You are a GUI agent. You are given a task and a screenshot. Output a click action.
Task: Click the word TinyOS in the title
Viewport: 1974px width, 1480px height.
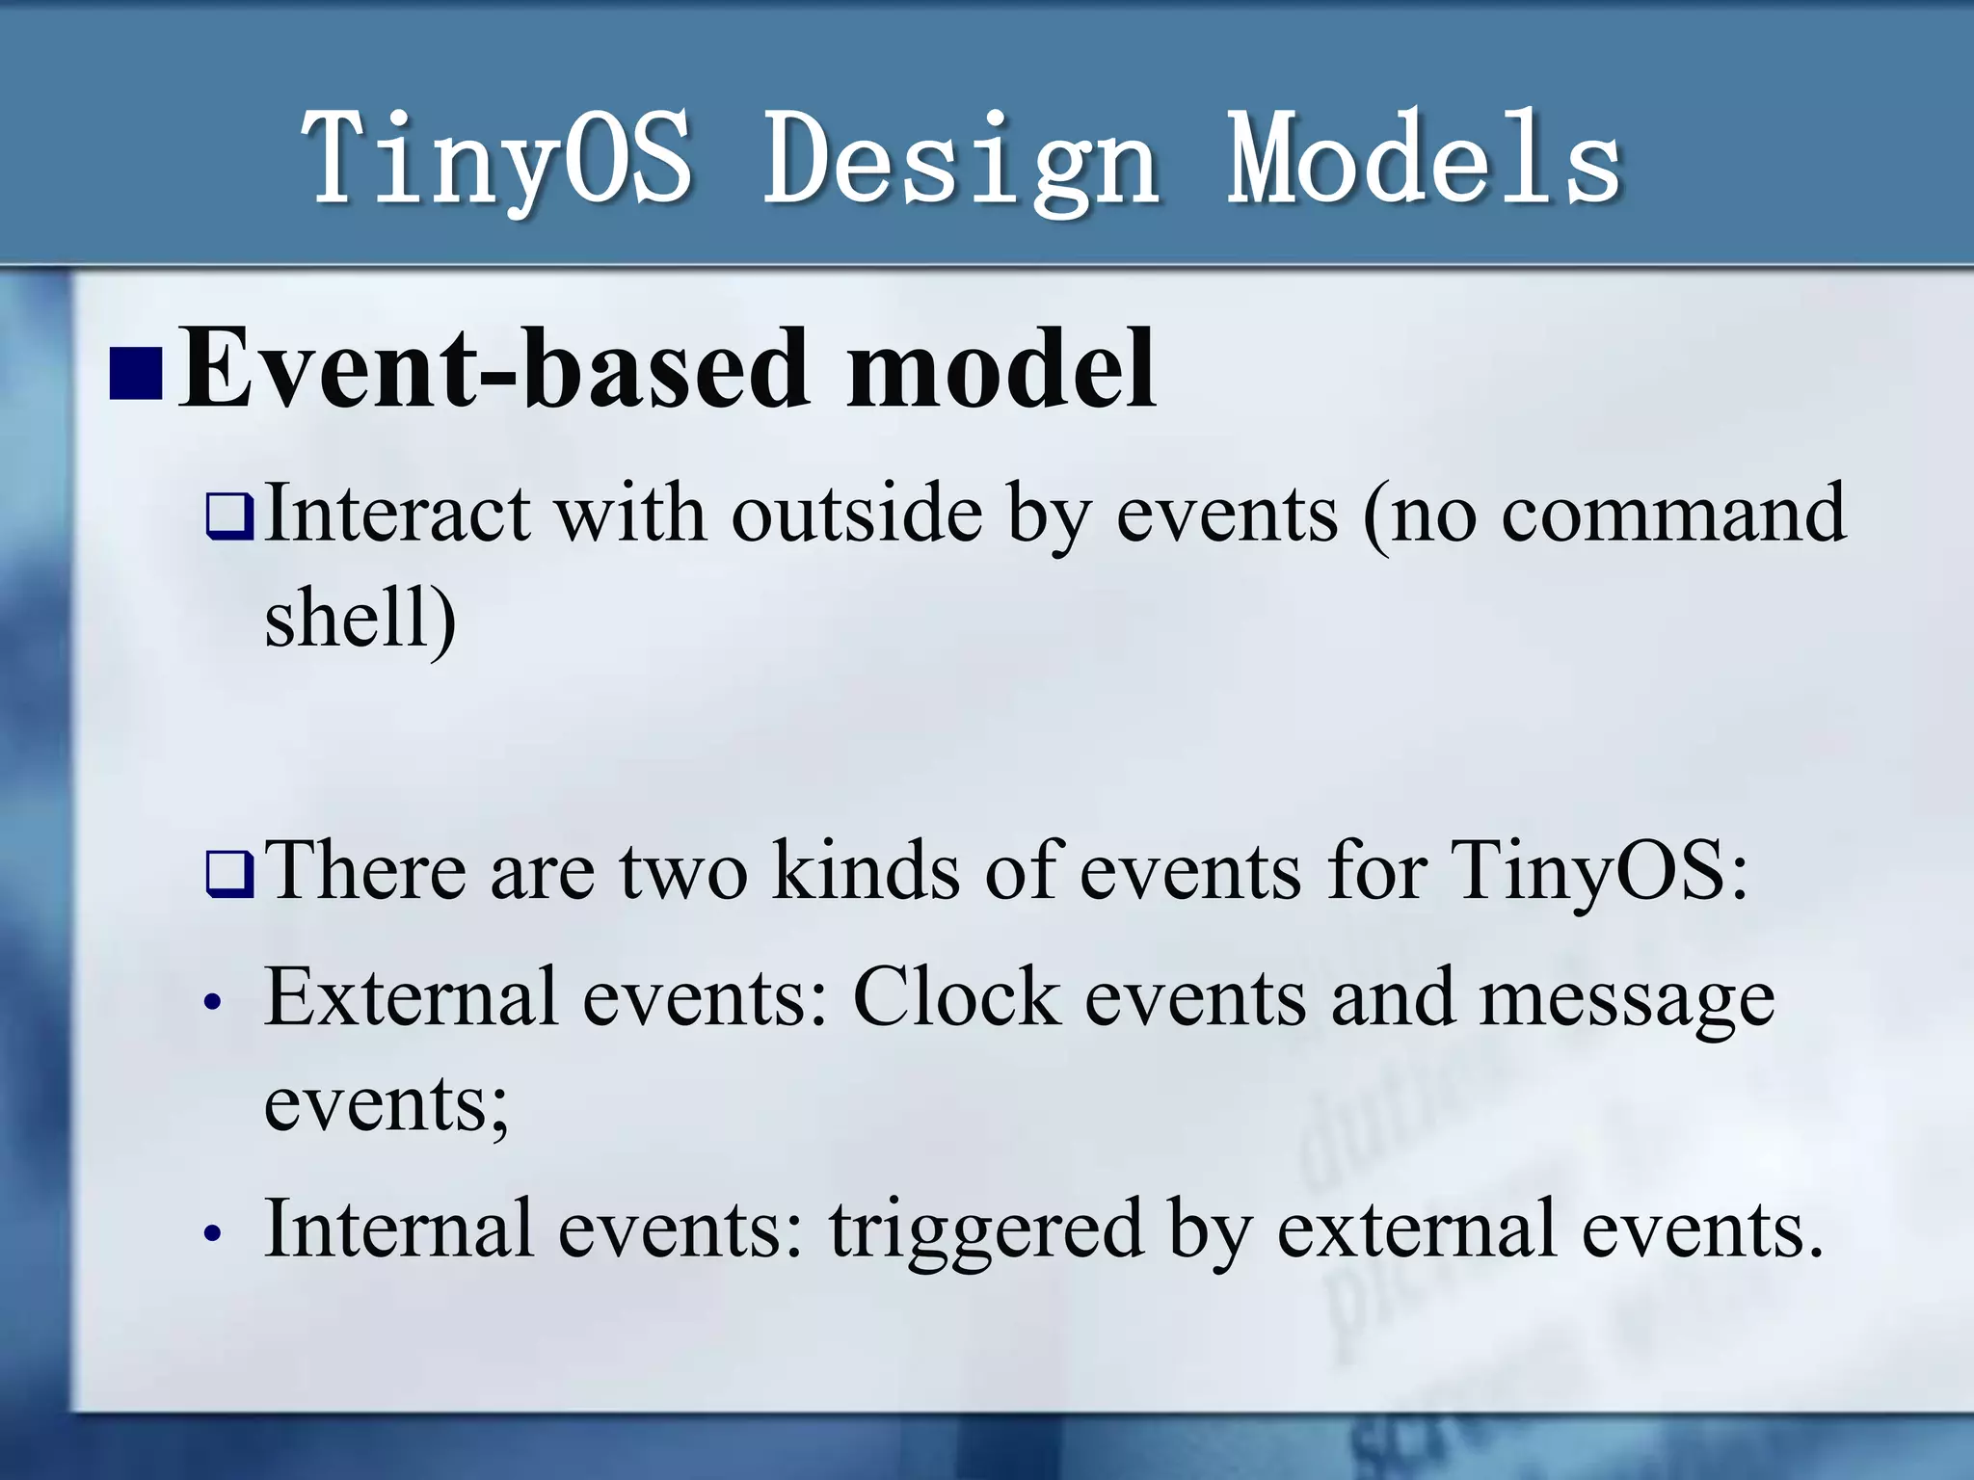pyautogui.click(x=496, y=159)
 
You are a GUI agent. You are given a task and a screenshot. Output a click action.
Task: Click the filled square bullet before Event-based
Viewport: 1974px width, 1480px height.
pyautogui.click(x=135, y=374)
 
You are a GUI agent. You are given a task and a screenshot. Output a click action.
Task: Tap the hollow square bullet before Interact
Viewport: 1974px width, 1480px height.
pyautogui.click(x=229, y=517)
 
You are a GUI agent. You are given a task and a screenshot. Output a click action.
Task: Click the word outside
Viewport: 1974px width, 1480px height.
pyautogui.click(x=857, y=514)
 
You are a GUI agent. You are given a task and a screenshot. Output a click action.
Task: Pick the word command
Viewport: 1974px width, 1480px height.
pyautogui.click(x=1673, y=514)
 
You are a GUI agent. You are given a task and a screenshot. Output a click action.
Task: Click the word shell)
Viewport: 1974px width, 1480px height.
pyautogui.click(x=360, y=619)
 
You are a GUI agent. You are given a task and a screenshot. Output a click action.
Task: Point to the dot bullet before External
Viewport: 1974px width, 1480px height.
pyautogui.click(x=214, y=1003)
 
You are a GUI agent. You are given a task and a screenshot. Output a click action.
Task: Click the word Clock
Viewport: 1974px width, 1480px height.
pyautogui.click(x=956, y=997)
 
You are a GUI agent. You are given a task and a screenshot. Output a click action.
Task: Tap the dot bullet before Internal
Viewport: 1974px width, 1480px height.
pyautogui.click(x=214, y=1233)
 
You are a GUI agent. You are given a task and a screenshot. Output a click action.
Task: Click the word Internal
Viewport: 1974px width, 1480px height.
pyautogui.click(x=399, y=1228)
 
